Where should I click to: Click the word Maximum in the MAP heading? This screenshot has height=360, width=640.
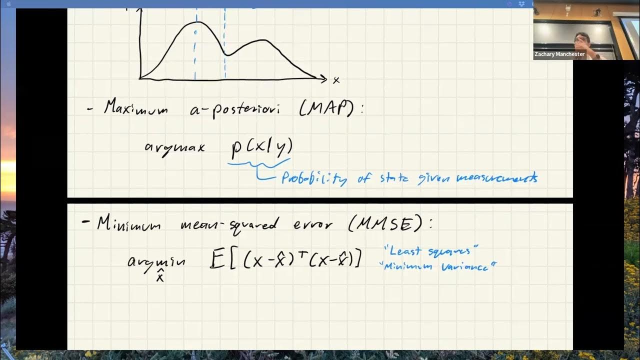(x=135, y=108)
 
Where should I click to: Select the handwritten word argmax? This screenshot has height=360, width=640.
(x=174, y=147)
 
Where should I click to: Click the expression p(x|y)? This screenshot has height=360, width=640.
(x=261, y=146)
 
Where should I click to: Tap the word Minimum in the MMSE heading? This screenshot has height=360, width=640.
(x=129, y=224)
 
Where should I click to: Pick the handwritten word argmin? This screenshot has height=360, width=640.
(x=156, y=261)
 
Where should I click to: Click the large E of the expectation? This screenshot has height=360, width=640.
(x=217, y=260)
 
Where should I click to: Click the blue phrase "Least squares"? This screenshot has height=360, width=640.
(x=431, y=250)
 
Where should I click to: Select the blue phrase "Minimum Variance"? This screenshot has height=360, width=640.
(x=438, y=266)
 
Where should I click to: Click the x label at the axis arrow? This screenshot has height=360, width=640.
(x=336, y=80)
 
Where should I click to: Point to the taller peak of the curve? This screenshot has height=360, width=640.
(x=197, y=22)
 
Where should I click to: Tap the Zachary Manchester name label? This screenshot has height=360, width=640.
(x=559, y=54)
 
